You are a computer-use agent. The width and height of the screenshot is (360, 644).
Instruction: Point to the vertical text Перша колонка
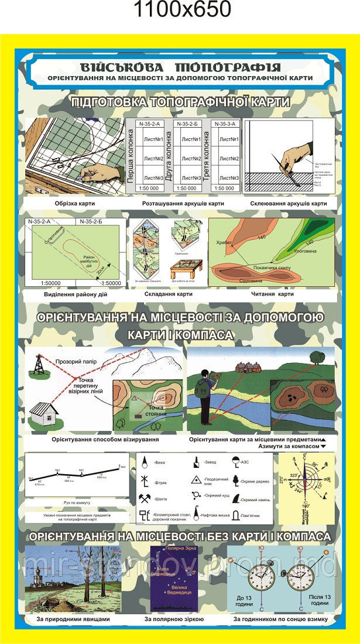pyautogui.click(x=131, y=158)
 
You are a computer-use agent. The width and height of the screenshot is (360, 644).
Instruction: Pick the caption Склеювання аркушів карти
pyautogui.click(x=288, y=204)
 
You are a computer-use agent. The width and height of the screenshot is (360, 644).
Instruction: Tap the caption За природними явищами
pyautogui.click(x=73, y=619)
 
